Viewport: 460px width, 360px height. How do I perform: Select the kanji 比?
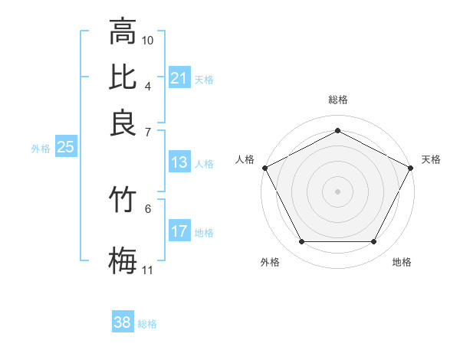pyautogui.click(x=123, y=77)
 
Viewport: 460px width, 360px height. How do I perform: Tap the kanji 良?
pyautogui.click(x=123, y=122)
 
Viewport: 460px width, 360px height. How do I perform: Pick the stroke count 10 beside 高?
pyautogui.click(x=148, y=39)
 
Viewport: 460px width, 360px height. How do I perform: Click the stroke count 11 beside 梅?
pyautogui.click(x=148, y=270)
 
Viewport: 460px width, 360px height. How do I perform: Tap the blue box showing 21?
pyautogui.click(x=179, y=77)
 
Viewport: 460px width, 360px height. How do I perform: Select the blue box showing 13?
pyautogui.click(x=179, y=162)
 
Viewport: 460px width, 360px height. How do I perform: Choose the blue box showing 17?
pyautogui.click(x=179, y=231)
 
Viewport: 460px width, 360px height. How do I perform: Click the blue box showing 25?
pyautogui.click(x=65, y=148)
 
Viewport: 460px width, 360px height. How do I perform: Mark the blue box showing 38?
pyautogui.click(x=123, y=322)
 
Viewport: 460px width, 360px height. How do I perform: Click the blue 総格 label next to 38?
pyautogui.click(x=147, y=324)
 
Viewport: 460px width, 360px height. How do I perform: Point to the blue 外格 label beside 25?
pyautogui.click(x=41, y=149)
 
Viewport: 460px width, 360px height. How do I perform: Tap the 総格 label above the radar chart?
pyautogui.click(x=337, y=100)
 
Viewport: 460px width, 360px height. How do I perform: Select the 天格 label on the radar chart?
pyautogui.click(x=431, y=159)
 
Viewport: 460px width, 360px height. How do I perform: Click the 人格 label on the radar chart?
pyautogui.click(x=245, y=159)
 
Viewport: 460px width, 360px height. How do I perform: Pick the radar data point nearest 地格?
pyautogui.click(x=374, y=242)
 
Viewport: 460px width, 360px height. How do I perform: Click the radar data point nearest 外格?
pyautogui.click(x=301, y=242)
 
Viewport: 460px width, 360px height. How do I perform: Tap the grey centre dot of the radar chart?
pyautogui.click(x=337, y=191)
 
